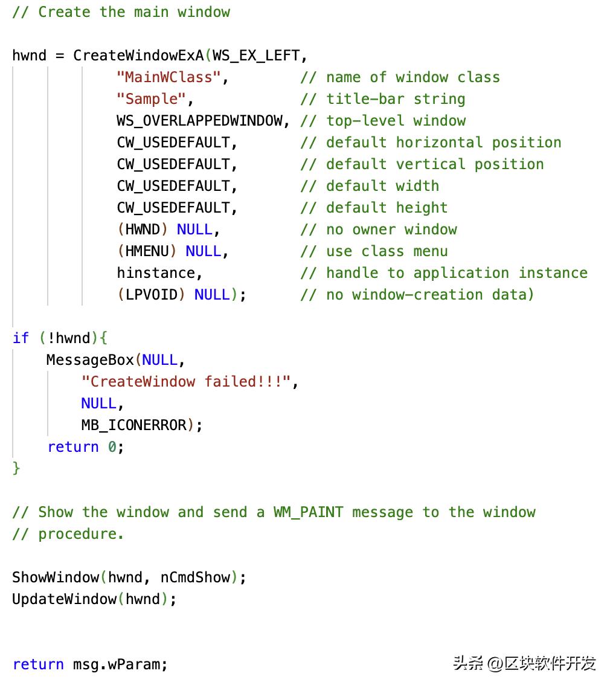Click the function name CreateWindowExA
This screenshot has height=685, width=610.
coord(138,56)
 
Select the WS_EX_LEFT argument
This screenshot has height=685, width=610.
coord(255,56)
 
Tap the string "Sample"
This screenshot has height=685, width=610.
coord(151,99)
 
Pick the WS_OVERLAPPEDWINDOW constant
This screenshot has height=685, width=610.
coord(199,121)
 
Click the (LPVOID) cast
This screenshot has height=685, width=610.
coord(151,295)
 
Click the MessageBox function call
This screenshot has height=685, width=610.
coord(90,360)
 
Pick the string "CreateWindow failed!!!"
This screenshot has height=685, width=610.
coord(186,382)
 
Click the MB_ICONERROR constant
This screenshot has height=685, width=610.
coord(133,425)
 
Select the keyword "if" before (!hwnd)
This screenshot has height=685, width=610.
coord(21,338)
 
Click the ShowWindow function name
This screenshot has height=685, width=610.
coord(55,577)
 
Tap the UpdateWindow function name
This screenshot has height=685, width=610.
coord(64,599)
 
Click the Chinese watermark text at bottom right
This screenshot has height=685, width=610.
coord(524,663)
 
